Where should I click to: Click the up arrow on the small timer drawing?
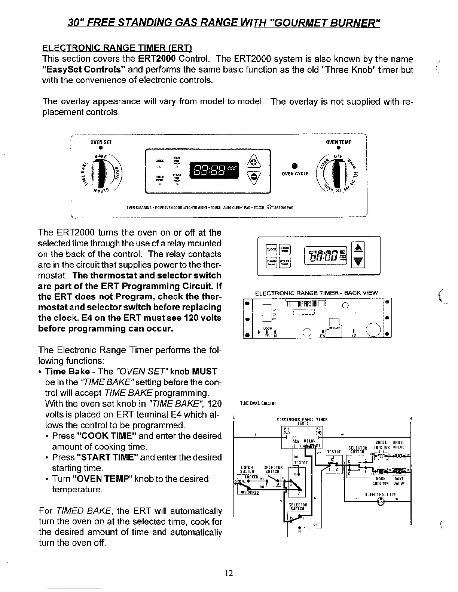point(358,248)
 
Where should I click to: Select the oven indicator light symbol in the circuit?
point(381,502)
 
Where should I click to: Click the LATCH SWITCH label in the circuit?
point(247,469)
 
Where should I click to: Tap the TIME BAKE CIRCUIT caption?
point(257,403)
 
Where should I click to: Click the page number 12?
point(229,573)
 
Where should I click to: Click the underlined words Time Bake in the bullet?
point(67,371)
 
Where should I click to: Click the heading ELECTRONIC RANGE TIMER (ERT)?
point(117,48)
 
